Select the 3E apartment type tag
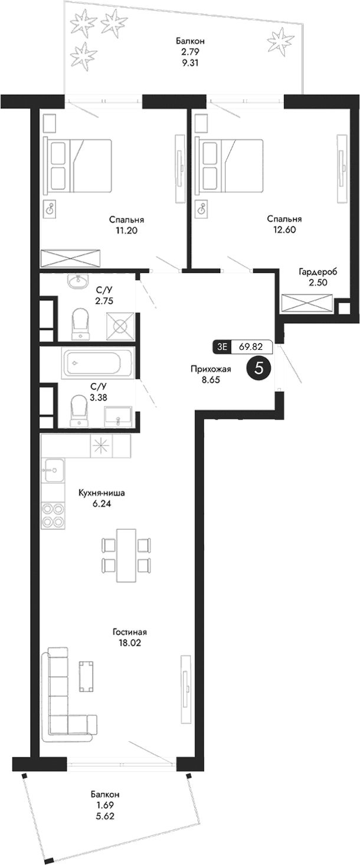click(x=222, y=348)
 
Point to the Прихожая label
click(x=210, y=369)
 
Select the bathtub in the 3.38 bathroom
click(x=99, y=363)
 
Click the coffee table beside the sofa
click(x=87, y=676)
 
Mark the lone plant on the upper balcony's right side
click(x=280, y=42)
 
